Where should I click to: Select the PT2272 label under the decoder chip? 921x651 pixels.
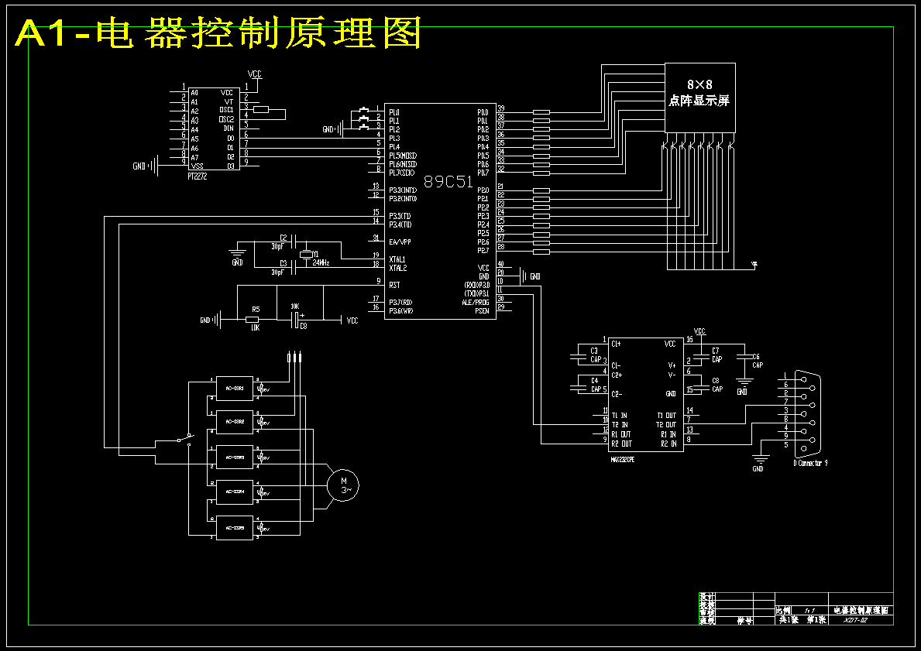[198, 176]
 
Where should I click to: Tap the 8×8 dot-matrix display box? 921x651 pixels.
[699, 97]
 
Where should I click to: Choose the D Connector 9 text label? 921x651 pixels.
[810, 463]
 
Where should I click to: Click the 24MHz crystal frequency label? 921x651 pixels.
[318, 263]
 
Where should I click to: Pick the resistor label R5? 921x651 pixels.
[256, 309]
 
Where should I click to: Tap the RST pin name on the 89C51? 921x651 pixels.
[394, 285]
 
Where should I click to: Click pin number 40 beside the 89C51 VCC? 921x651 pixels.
[500, 265]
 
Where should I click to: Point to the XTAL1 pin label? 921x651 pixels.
[397, 259]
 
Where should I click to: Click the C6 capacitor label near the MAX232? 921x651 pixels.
[757, 356]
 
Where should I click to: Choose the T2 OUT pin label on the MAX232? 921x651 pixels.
[666, 425]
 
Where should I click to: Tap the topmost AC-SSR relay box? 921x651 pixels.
[235, 388]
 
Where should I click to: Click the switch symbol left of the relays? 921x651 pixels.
[184, 439]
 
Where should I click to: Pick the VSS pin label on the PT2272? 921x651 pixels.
[197, 166]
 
